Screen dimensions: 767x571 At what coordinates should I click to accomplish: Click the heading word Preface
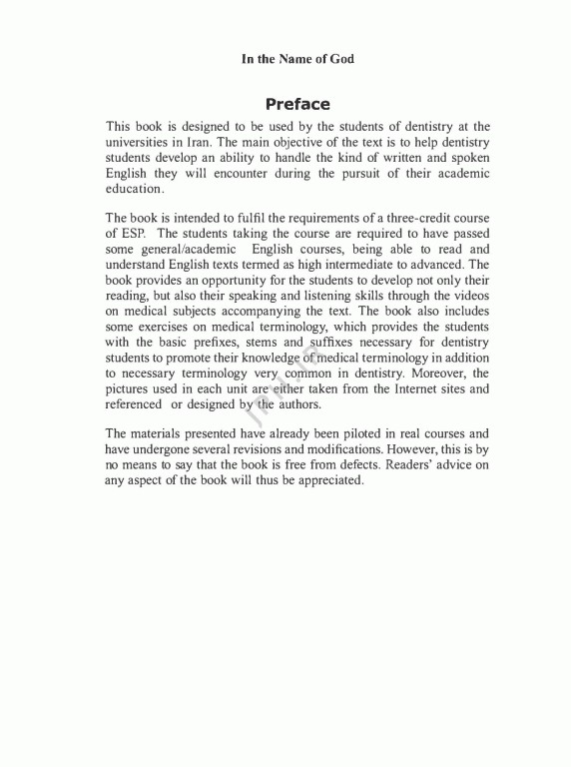point(297,104)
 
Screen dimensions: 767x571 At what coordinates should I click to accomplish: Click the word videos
point(469,297)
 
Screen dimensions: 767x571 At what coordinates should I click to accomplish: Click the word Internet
point(404,388)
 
